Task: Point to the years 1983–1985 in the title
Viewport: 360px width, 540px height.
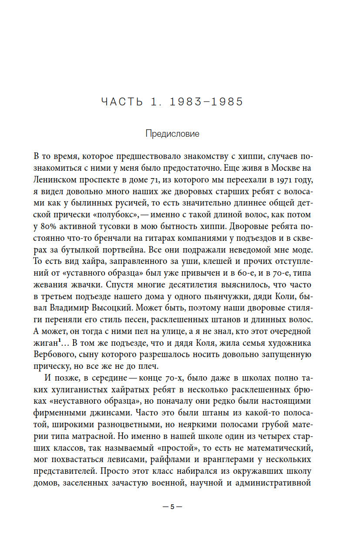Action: (206, 102)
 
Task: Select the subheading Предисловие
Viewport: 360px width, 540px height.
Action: (172, 134)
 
